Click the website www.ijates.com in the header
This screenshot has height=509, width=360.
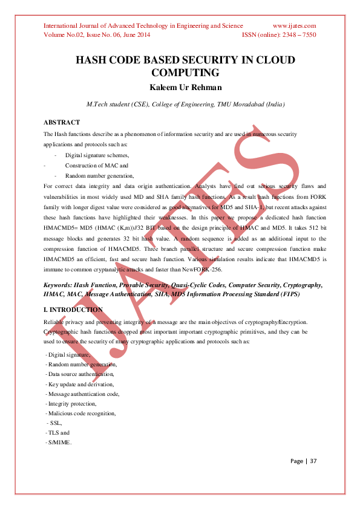(x=295, y=25)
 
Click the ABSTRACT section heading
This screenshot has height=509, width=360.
(x=62, y=122)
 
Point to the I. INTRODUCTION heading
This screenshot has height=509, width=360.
(x=73, y=310)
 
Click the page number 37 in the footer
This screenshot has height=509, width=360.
(x=313, y=461)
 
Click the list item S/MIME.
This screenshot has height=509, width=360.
(x=59, y=443)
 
